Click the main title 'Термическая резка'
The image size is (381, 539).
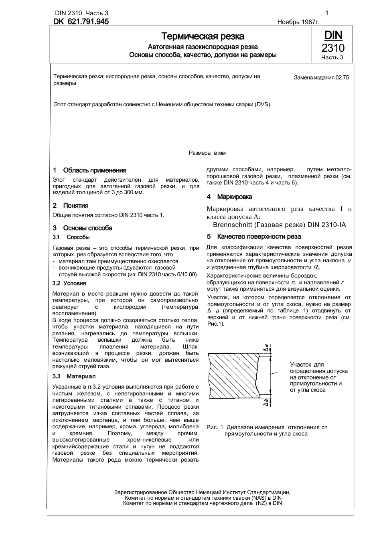click(x=203, y=36)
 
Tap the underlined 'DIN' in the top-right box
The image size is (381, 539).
click(x=333, y=35)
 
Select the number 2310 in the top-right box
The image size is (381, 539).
click(x=333, y=48)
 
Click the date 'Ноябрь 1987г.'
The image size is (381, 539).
click(x=298, y=22)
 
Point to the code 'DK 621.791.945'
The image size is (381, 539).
click(x=81, y=22)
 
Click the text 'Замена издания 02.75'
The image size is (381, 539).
click(x=321, y=77)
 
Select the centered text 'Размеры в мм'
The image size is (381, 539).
click(x=207, y=153)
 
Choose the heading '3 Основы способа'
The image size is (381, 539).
click(x=83, y=228)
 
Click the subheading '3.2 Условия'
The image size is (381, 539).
click(x=69, y=283)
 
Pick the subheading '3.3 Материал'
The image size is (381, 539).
click(x=74, y=376)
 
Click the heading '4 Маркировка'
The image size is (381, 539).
click(x=229, y=197)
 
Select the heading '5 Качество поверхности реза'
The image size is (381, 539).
click(x=253, y=237)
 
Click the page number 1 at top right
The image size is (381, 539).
click(x=327, y=13)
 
